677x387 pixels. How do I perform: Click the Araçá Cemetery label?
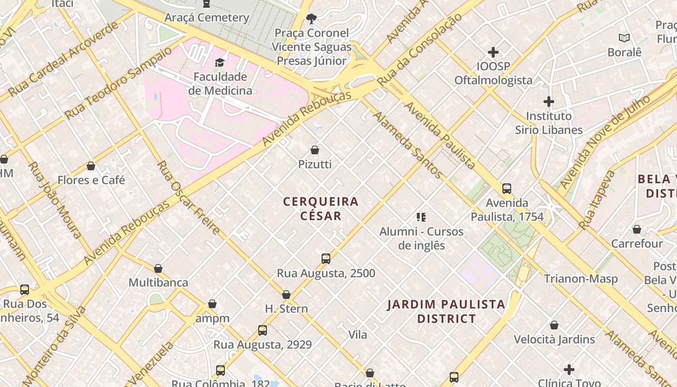point(206,18)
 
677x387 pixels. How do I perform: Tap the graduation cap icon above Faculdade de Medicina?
point(220,62)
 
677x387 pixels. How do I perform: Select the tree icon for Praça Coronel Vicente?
point(311,19)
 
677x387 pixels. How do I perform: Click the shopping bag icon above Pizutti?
point(315,150)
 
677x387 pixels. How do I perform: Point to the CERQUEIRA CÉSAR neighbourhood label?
point(321,208)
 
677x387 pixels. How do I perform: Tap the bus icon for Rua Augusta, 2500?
point(326,259)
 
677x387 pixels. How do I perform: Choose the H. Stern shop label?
point(286,309)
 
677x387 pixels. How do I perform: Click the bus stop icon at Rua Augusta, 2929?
point(263,330)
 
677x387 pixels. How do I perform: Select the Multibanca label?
point(158,283)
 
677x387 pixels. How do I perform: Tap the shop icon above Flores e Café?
point(91,166)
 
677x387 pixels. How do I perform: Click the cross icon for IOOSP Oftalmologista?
point(493,52)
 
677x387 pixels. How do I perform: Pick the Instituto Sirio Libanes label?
point(548,123)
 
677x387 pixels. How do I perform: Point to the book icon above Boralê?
point(624,38)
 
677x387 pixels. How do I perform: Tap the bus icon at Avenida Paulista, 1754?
point(507,189)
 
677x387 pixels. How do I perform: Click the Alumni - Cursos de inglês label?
point(421,238)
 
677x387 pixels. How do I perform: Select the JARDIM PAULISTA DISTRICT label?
point(446,312)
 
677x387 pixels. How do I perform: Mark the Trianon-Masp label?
point(581,279)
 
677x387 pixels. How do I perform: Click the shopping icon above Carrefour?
point(637,229)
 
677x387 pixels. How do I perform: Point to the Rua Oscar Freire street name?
point(189,197)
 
